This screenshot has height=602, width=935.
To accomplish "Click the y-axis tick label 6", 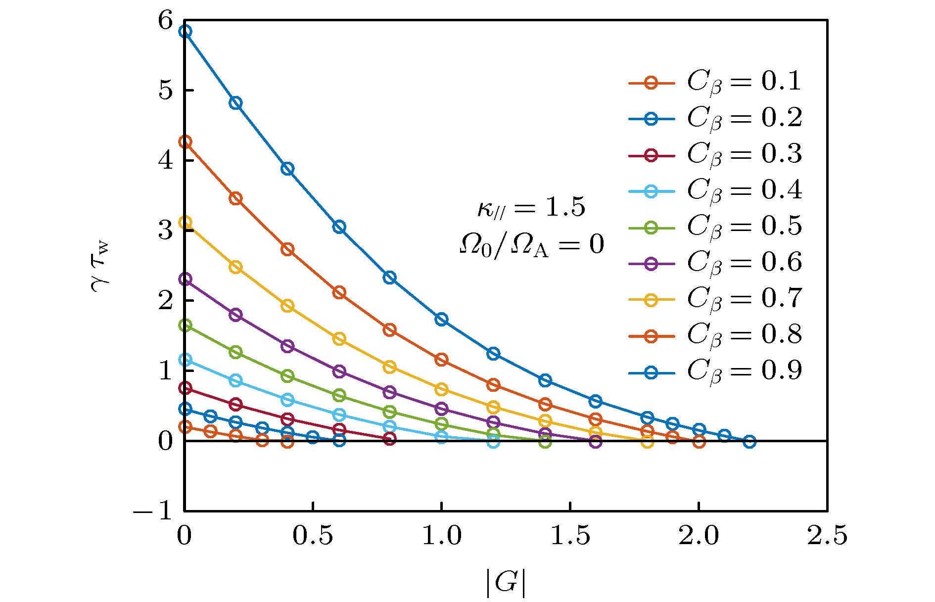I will tap(166, 21).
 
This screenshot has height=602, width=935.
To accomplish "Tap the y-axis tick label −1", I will tap(153, 510).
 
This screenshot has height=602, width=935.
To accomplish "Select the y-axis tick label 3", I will tap(166, 231).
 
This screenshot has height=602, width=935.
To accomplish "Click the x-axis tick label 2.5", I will tap(827, 536).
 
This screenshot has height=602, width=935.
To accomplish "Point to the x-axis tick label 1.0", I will tap(441, 536).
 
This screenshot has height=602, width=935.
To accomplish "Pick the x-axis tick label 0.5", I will tap(313, 536).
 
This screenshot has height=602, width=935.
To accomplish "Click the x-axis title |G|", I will tap(505, 583).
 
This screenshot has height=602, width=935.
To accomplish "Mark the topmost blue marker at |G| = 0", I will tap(185, 32).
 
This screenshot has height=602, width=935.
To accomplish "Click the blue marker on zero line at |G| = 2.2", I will tap(749, 441).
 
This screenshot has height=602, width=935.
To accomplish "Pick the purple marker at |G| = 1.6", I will tap(596, 442).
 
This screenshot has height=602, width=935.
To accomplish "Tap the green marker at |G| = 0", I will tap(185, 325).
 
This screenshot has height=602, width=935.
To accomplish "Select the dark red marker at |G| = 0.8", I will tap(390, 439).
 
